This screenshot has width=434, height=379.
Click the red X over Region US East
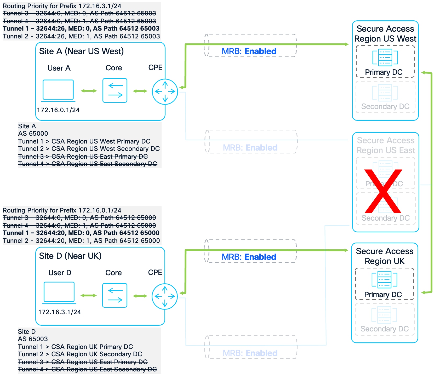tap(383, 191)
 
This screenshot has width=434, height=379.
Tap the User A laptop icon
tap(58, 90)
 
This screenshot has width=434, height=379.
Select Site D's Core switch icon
tap(115, 295)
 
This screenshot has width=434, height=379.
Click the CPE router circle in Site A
tap(165, 91)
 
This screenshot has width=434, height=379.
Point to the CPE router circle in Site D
tap(165, 296)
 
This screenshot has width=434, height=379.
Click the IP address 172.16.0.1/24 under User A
tap(58, 110)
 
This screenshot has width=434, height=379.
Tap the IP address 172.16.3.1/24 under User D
tap(60, 312)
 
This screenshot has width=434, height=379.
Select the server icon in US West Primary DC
tap(385, 57)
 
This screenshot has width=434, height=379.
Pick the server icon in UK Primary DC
tap(384, 279)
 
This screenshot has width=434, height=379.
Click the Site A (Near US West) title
tap(81, 51)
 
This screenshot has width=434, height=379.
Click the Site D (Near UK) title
tap(70, 256)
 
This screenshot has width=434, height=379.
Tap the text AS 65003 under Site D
tap(33, 339)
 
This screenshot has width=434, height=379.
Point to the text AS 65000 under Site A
tap(33, 134)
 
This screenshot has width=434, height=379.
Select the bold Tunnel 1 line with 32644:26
tap(81, 28)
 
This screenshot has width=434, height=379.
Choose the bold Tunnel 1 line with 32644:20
tap(81, 233)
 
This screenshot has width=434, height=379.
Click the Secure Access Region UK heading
tap(385, 256)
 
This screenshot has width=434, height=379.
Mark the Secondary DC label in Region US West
tap(385, 107)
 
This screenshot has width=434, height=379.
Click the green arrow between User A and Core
tap(89, 91)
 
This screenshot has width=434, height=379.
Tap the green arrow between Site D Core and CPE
tap(140, 296)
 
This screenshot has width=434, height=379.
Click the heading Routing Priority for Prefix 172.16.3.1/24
tap(62, 6)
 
